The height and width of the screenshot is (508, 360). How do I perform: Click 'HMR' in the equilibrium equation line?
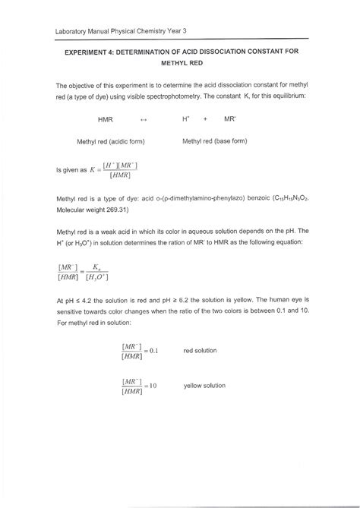[x=105, y=120]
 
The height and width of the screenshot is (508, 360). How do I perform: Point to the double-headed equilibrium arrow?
[x=144, y=120]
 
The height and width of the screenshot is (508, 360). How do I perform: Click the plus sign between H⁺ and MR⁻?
[x=204, y=120]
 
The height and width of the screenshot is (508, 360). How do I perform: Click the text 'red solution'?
[x=201, y=350]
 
